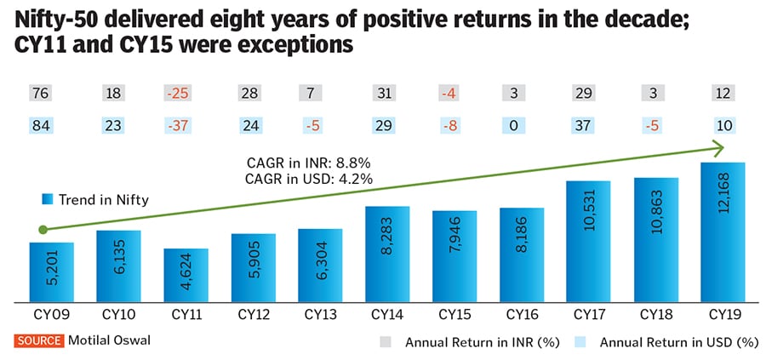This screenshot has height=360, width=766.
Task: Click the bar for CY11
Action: (x=186, y=275)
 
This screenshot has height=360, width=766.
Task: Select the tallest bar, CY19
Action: (x=723, y=231)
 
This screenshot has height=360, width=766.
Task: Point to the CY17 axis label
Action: (x=588, y=314)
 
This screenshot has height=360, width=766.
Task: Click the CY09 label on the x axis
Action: (x=52, y=314)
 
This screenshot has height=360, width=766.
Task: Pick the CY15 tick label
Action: (x=454, y=314)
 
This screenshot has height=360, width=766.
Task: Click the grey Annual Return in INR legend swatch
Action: (x=386, y=343)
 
